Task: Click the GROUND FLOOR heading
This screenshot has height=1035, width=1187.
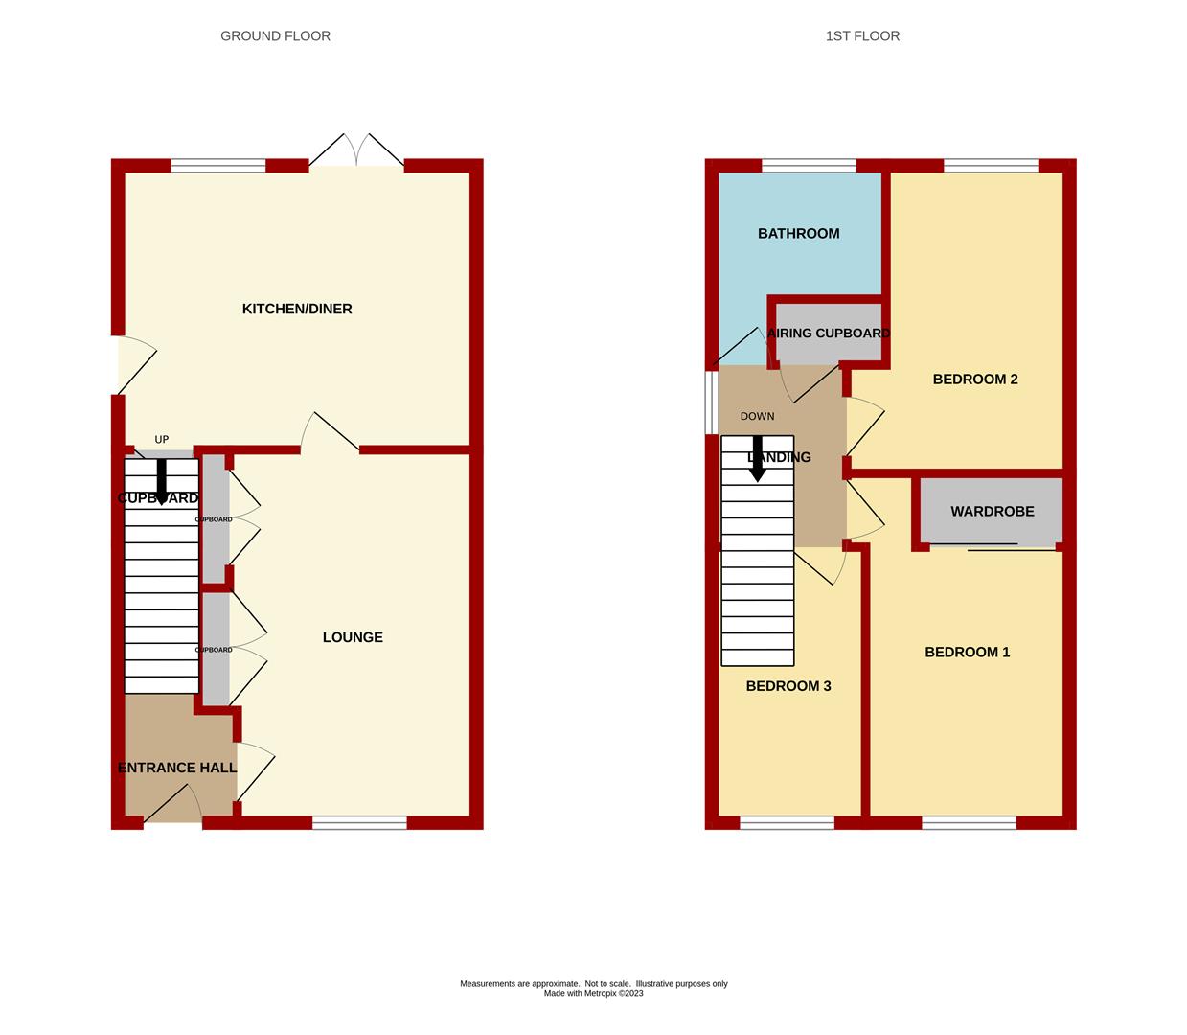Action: pos(275,36)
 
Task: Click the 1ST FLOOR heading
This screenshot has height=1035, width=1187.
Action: pos(862,36)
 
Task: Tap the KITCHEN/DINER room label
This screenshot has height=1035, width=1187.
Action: pos(297,309)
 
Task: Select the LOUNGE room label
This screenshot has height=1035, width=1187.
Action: pos(353,637)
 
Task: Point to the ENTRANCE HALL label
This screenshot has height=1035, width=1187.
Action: pos(177,768)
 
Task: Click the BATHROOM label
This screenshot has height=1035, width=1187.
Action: pos(798,233)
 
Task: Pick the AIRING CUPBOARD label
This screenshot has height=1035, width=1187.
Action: pos(829,333)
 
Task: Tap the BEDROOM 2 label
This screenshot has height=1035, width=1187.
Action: pos(975,379)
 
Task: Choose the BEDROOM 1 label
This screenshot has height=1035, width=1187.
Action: pos(967,652)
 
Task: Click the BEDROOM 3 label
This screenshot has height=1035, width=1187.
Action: pos(788,686)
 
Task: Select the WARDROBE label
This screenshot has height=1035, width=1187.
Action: pos(992,511)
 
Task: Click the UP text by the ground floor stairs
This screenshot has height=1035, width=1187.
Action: pos(162,440)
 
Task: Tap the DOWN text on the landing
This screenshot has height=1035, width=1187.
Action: pos(757,416)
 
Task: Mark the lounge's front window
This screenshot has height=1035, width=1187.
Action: pos(359,822)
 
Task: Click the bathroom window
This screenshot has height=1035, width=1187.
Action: pos(809,166)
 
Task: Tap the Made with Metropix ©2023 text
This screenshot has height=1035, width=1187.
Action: pos(593,993)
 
